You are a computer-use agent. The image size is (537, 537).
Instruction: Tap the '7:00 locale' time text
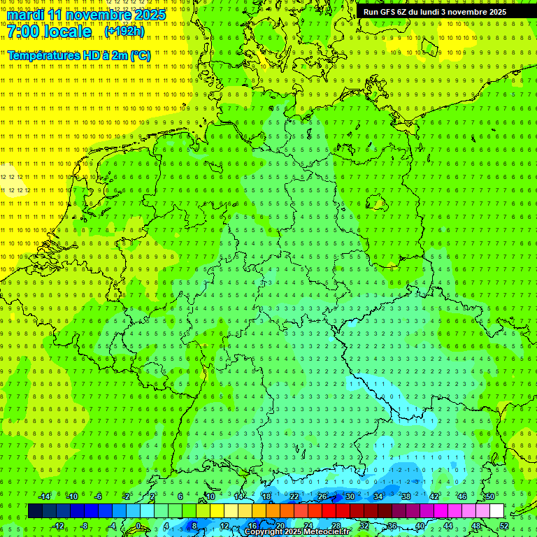(x=49, y=32)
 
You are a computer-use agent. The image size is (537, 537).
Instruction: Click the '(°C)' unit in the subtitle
(x=139, y=55)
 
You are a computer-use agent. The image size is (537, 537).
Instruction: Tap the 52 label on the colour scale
(x=504, y=526)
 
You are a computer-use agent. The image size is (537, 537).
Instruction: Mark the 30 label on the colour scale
(x=350, y=496)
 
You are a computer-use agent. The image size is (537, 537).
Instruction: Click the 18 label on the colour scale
(x=266, y=496)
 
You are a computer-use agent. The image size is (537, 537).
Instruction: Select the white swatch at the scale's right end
(x=496, y=511)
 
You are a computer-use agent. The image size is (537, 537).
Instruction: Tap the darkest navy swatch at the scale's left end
(x=35, y=511)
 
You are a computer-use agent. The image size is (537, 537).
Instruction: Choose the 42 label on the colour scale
(x=434, y=496)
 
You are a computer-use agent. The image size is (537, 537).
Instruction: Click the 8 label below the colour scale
(x=194, y=526)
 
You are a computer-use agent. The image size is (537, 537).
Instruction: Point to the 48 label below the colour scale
(x=476, y=526)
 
